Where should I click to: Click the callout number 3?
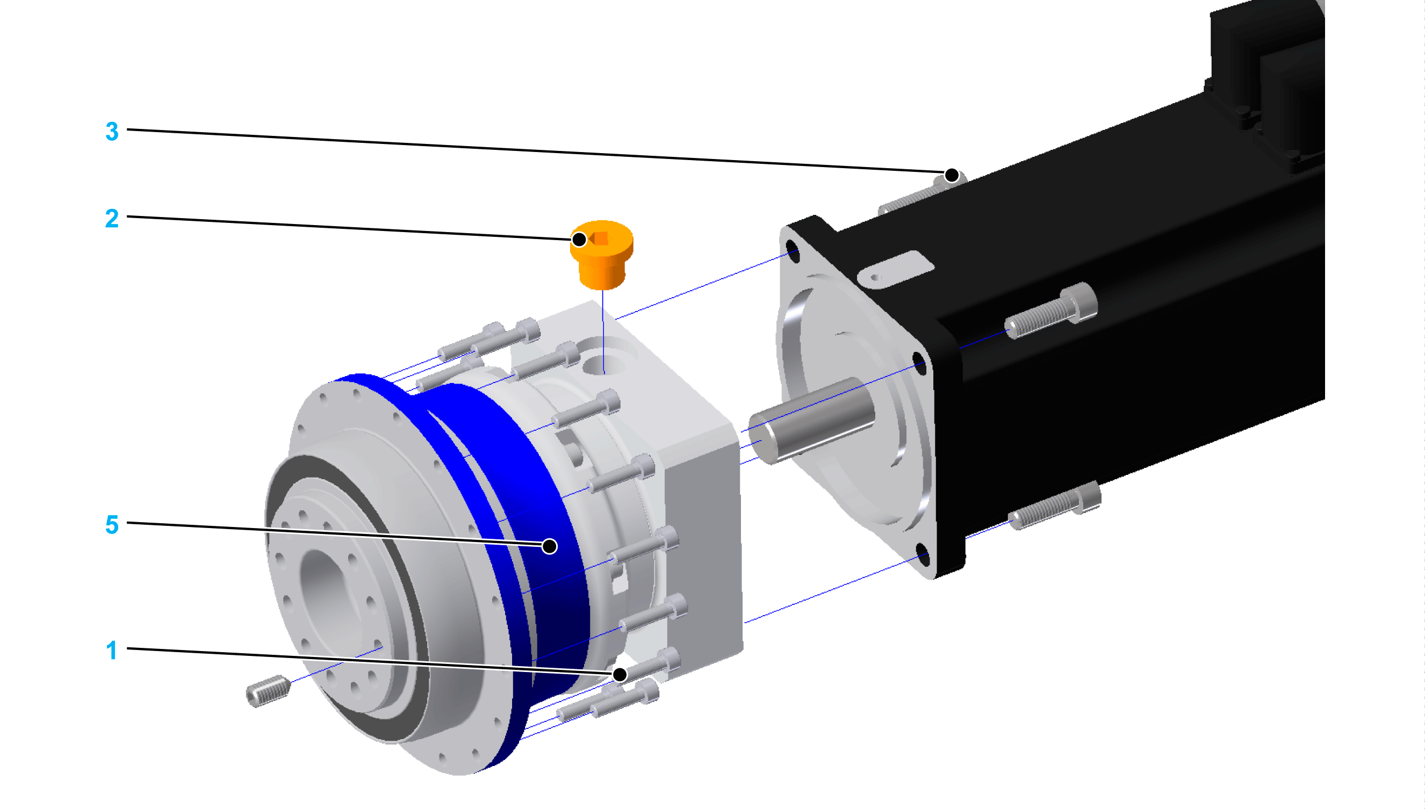pyautogui.click(x=112, y=132)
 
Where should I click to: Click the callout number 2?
pyautogui.click(x=112, y=218)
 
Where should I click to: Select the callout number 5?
pyautogui.click(x=112, y=524)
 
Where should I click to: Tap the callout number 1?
pyautogui.click(x=112, y=650)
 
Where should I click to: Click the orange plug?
pyautogui.click(x=601, y=255)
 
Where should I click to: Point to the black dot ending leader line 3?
pyautogui.click(x=952, y=176)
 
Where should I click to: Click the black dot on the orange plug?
pyautogui.click(x=579, y=240)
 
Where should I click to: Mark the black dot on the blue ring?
pyautogui.click(x=550, y=547)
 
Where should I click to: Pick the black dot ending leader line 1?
pyautogui.click(x=620, y=675)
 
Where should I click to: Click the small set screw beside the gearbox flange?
pyautogui.click(x=268, y=691)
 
